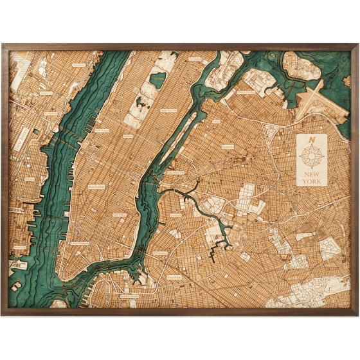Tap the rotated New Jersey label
pos(21,136)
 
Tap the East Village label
pos(120,215)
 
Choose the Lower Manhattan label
pos(80,243)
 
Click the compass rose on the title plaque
pos(312,155)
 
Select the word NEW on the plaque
pos(312,172)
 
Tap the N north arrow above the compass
pos(312,140)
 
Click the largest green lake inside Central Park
pos(157,80)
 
